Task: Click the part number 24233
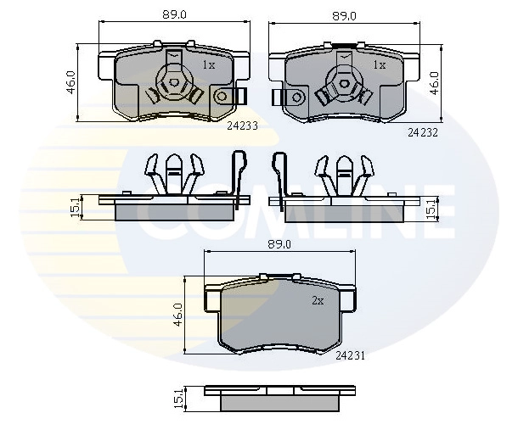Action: tap(242, 126)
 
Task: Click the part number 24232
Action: tap(423, 132)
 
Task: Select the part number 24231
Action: tap(350, 355)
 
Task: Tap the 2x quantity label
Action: tap(318, 300)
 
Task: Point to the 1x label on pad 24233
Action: tap(209, 65)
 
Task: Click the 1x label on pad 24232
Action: tap(380, 65)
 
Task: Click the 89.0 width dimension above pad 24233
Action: tap(174, 15)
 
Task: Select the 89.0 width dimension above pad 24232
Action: tap(344, 16)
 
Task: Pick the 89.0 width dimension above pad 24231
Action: tap(279, 244)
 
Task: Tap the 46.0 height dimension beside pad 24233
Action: tap(71, 82)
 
